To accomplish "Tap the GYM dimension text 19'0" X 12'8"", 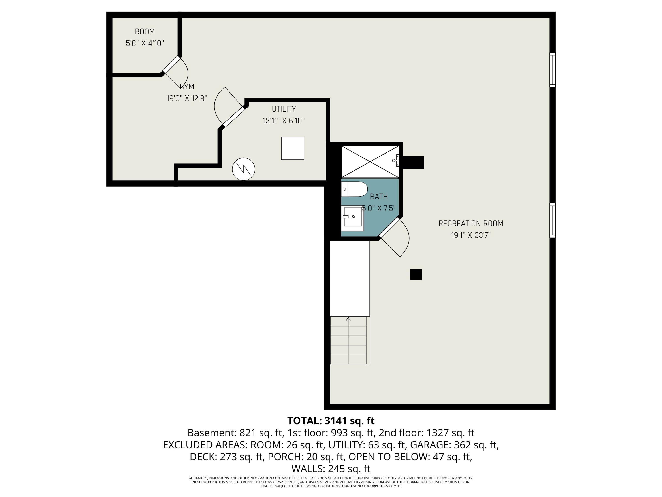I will point(187,98).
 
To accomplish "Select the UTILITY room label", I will point(284,109).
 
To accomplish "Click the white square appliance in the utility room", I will point(292,148).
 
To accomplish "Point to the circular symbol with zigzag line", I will point(244,169).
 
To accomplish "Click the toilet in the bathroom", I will point(355,189).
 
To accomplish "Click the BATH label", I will point(379,197).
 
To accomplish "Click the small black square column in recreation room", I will point(415,274).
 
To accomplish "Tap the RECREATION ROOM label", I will point(471,224).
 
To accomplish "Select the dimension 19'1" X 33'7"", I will point(471,235).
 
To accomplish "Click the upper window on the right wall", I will point(553,70).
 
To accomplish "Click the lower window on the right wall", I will point(553,220).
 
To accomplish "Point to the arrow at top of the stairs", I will point(348,319).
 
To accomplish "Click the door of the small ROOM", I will point(171,65).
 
